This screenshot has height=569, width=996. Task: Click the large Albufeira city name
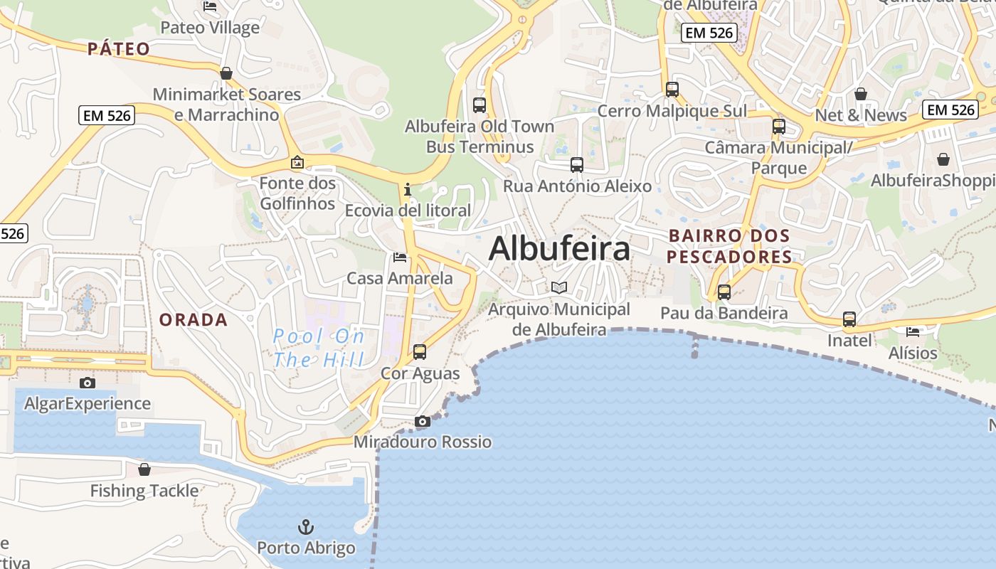pos(559,249)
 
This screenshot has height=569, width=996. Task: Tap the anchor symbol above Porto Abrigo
pos(306,527)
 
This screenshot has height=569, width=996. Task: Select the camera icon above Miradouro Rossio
pos(423,421)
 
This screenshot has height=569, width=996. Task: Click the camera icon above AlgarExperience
pos(88,383)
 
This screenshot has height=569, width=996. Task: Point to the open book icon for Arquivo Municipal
pos(559,287)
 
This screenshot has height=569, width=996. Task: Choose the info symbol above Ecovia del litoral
pos(408,189)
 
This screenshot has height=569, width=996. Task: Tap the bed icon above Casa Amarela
pos(400,257)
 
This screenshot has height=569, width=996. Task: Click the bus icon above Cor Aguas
pos(420,351)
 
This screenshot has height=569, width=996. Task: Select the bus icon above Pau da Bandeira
pos(724,292)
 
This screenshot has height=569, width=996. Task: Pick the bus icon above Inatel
pos(849,319)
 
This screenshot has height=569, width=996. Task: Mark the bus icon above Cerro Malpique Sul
pos(672,90)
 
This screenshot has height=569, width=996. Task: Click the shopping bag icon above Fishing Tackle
pos(144,469)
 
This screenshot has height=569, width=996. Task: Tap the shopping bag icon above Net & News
pos(861,94)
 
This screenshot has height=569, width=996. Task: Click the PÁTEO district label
pos(119,49)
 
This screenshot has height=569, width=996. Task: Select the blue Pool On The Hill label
pos(319,348)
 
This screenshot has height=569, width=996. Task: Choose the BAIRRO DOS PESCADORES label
pos(729,246)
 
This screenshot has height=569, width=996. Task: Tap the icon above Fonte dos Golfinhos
pos(297,163)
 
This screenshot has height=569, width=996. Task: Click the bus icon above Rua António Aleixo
pos(577,165)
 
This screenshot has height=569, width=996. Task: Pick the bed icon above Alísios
pos(913,331)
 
